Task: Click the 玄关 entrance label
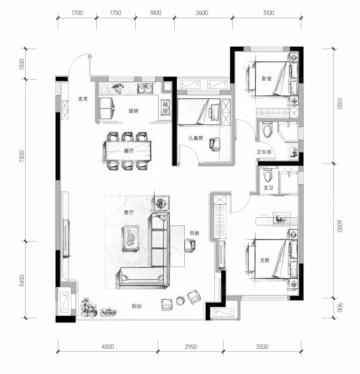coord(83,99)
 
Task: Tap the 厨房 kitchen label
coord(133,111)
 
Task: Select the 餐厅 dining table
coord(127,151)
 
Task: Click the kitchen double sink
coord(145,89)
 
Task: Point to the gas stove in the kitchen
coord(165,107)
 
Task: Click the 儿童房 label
coord(196,138)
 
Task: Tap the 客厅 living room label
coord(129,212)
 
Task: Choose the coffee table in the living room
coord(130,238)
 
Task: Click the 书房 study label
coord(194,233)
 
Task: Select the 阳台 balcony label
coord(137,306)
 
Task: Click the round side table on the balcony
coord(180,301)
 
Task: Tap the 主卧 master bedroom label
coord(265,260)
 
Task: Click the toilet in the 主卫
coord(268,174)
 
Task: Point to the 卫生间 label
coord(264,152)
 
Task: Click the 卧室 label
coord(267,78)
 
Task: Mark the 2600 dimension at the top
coord(202,13)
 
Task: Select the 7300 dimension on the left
coord(22,156)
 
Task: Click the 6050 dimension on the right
coord(340,226)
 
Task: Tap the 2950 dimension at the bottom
coord(191,346)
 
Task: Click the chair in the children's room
coord(215,144)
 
